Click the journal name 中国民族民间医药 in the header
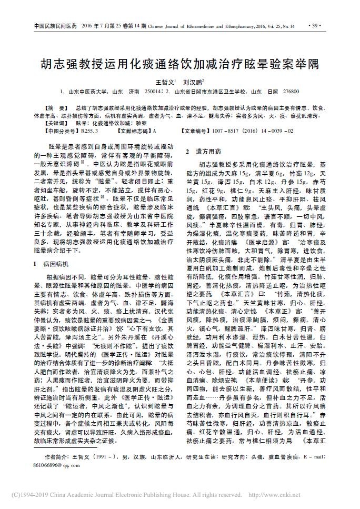point(55,26)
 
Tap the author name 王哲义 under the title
point(163,82)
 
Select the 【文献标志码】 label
point(134,129)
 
